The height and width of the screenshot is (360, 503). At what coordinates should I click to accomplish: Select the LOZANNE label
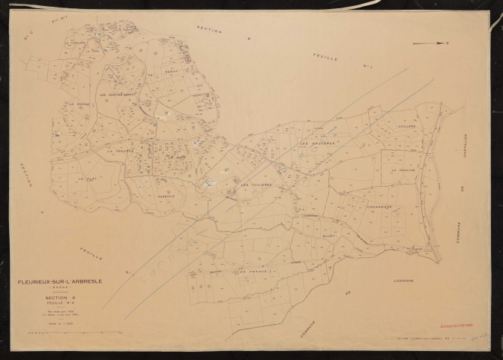393,280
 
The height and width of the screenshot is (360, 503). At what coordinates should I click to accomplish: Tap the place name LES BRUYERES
314,142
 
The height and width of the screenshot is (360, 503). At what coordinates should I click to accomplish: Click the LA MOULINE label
403,170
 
